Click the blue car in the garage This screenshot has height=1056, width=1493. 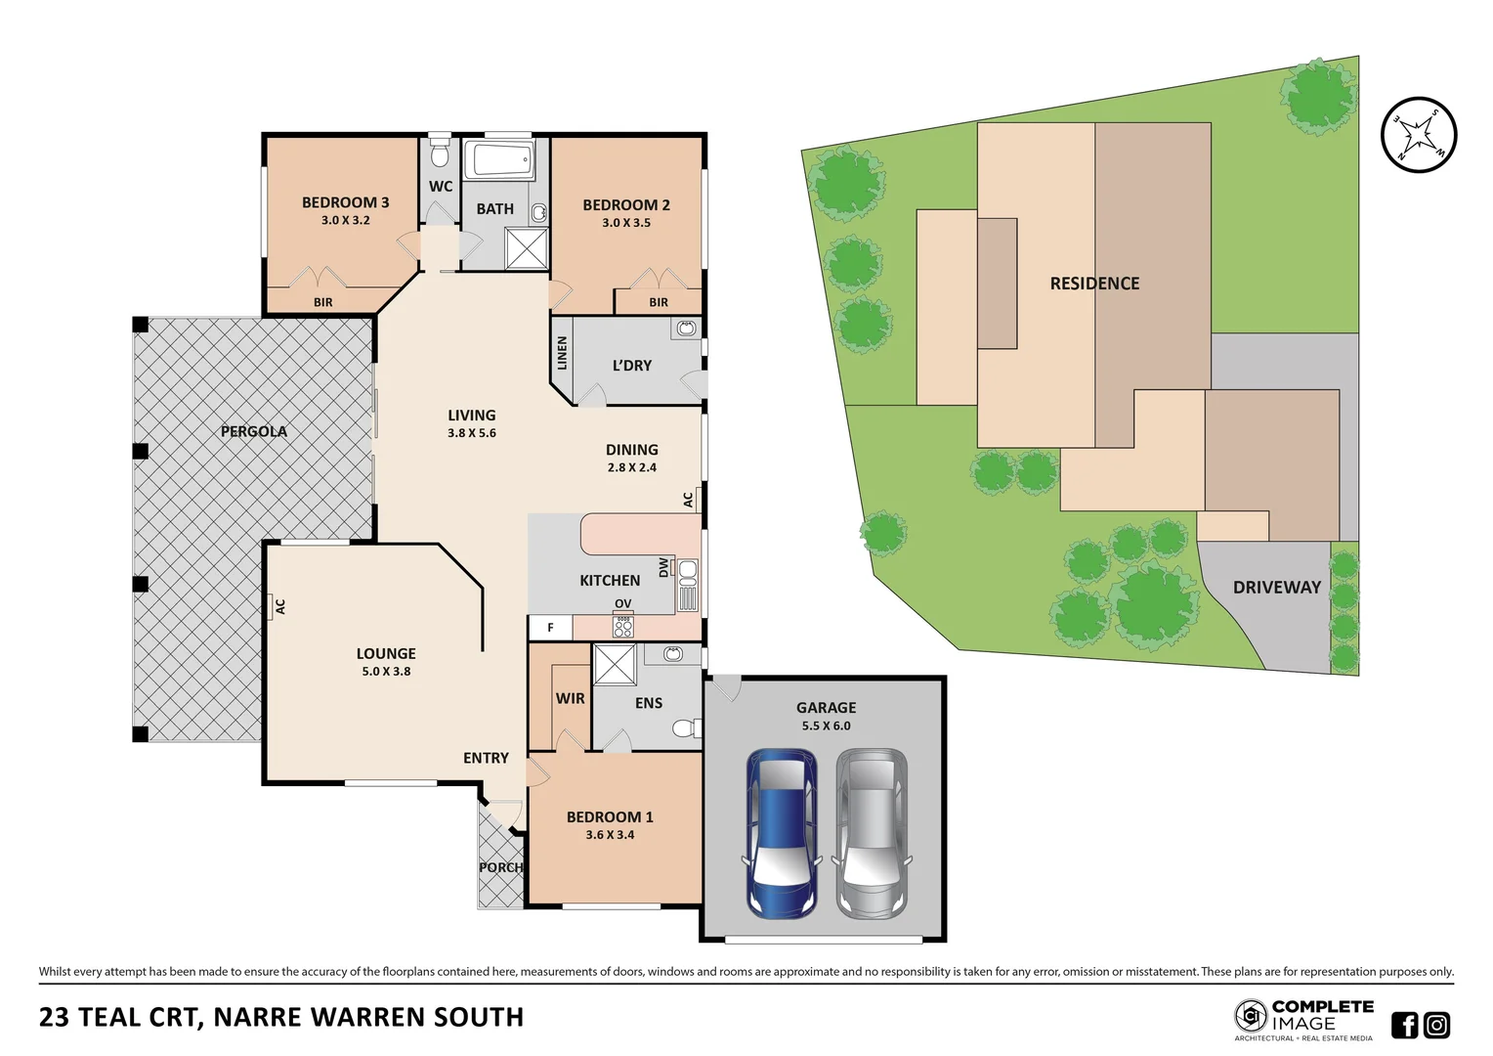point(782,833)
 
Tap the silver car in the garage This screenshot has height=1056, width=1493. point(872,833)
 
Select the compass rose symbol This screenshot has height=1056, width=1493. point(1419,135)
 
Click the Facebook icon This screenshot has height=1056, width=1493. point(1404,1025)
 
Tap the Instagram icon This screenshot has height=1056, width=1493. point(1436,1025)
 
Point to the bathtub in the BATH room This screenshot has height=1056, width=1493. point(498,159)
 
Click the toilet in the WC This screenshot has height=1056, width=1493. point(440,154)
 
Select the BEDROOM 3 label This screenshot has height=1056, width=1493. point(345,202)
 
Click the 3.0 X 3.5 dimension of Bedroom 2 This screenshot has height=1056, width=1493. point(626,223)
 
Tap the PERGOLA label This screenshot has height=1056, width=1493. point(254,431)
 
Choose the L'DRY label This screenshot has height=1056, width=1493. point(632,366)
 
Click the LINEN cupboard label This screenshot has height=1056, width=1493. point(562,353)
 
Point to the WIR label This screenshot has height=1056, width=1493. point(571,699)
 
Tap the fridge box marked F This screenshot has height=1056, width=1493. point(550,628)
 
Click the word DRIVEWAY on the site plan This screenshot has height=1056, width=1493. point(1276,588)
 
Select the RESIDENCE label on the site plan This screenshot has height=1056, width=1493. point(1094,284)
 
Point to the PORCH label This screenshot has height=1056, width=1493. point(500,867)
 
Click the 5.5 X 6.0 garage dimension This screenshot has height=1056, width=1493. point(826,726)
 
